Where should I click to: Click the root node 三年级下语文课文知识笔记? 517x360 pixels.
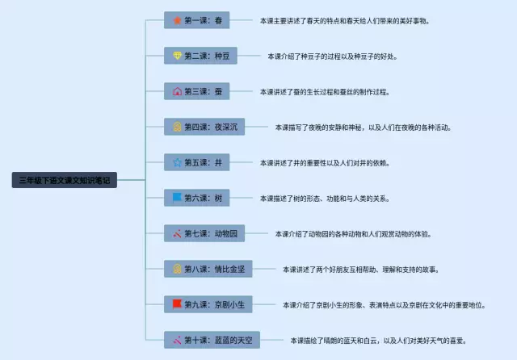click(65, 180)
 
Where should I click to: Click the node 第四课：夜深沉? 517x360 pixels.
click(204, 127)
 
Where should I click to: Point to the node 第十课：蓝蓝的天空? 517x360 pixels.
click(212, 340)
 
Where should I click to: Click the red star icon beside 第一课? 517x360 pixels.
click(177, 20)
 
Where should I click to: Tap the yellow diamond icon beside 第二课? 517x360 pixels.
click(177, 56)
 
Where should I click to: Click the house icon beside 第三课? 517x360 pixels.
click(177, 91)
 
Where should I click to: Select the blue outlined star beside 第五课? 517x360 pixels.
click(177, 162)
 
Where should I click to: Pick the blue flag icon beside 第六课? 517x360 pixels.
click(177, 198)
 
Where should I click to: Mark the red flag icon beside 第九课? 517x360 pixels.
click(177, 304)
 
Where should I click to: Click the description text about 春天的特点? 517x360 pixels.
click(344, 20)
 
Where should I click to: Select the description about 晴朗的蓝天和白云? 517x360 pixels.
click(377, 340)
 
